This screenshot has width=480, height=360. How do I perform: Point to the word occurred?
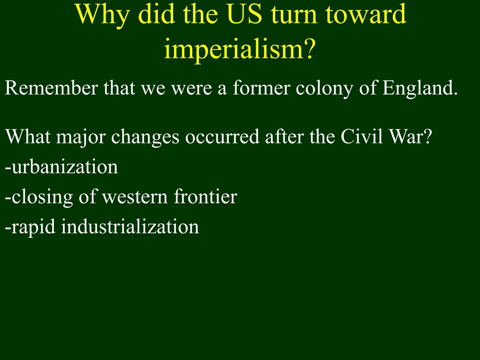coord(222,137)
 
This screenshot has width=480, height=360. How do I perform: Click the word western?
coord(134,197)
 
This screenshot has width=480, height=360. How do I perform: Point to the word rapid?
coord(33,227)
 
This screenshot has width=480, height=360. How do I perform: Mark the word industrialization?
coord(130,226)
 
